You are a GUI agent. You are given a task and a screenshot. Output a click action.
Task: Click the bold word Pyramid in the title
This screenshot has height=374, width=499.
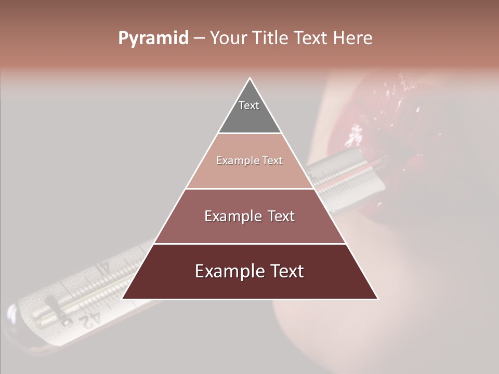click(153, 38)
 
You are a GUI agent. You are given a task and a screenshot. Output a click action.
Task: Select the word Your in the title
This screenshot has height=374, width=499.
click(228, 38)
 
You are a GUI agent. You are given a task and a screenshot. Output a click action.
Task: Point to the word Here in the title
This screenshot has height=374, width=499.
click(353, 38)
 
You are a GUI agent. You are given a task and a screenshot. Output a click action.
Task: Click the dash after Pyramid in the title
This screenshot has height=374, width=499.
click(199, 38)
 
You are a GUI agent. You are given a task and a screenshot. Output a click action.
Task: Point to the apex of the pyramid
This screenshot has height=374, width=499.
click(249, 79)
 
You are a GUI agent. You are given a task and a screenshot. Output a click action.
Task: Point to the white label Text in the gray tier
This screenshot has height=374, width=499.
click(249, 105)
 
